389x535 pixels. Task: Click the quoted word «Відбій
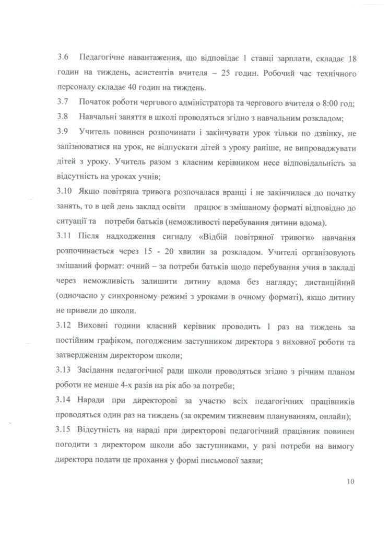[200, 238]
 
